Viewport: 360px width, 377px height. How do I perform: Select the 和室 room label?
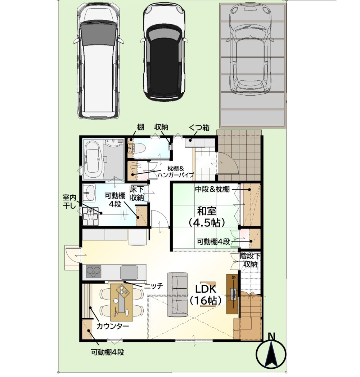(x=207, y=211)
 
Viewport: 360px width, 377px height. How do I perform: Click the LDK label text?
(x=206, y=289)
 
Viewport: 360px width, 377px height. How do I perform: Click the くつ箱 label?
(x=199, y=127)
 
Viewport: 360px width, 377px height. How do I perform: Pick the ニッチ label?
(x=154, y=286)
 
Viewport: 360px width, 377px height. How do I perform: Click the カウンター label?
(x=113, y=326)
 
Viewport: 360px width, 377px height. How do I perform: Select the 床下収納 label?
(x=137, y=193)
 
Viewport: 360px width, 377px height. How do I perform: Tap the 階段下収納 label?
(x=250, y=260)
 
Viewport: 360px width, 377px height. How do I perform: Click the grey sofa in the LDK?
(x=177, y=294)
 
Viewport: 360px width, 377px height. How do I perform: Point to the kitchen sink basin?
(x=129, y=272)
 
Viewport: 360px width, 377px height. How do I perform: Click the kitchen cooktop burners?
(x=94, y=272)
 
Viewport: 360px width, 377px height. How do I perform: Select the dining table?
(x=121, y=302)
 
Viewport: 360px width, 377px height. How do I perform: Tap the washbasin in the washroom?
(x=89, y=193)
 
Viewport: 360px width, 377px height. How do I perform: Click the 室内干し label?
(x=69, y=201)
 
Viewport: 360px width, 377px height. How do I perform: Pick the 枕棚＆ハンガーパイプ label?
(x=175, y=172)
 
